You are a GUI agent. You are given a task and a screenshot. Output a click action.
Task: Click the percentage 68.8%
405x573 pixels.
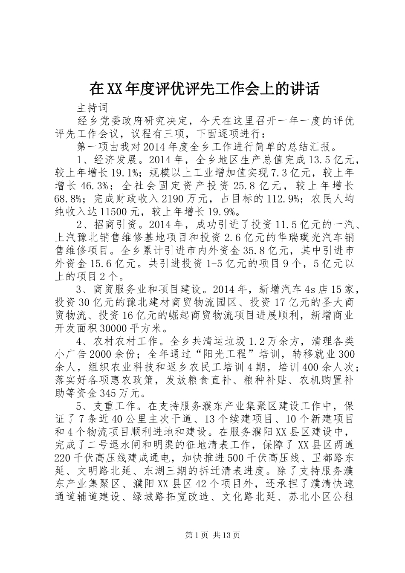coord(68,199)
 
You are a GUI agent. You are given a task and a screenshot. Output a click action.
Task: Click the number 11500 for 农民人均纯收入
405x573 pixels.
coord(115,211)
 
